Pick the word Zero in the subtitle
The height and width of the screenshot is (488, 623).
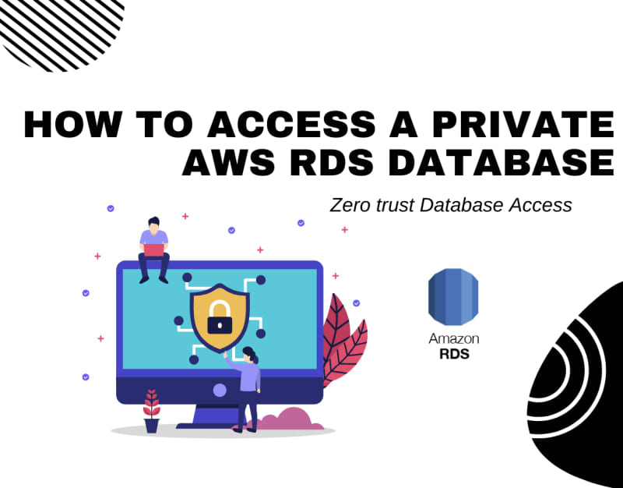pyautogui.click(x=348, y=206)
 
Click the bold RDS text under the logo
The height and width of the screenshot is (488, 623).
pyautogui.click(x=453, y=353)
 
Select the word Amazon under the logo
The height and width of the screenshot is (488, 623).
pyautogui.click(x=453, y=339)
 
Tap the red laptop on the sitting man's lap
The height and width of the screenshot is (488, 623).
pyautogui.click(x=154, y=250)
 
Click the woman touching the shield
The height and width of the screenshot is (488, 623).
pyautogui.click(x=248, y=386)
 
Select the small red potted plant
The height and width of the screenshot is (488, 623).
pyautogui.click(x=151, y=411)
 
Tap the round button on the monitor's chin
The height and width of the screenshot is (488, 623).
pyautogui.click(x=220, y=389)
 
